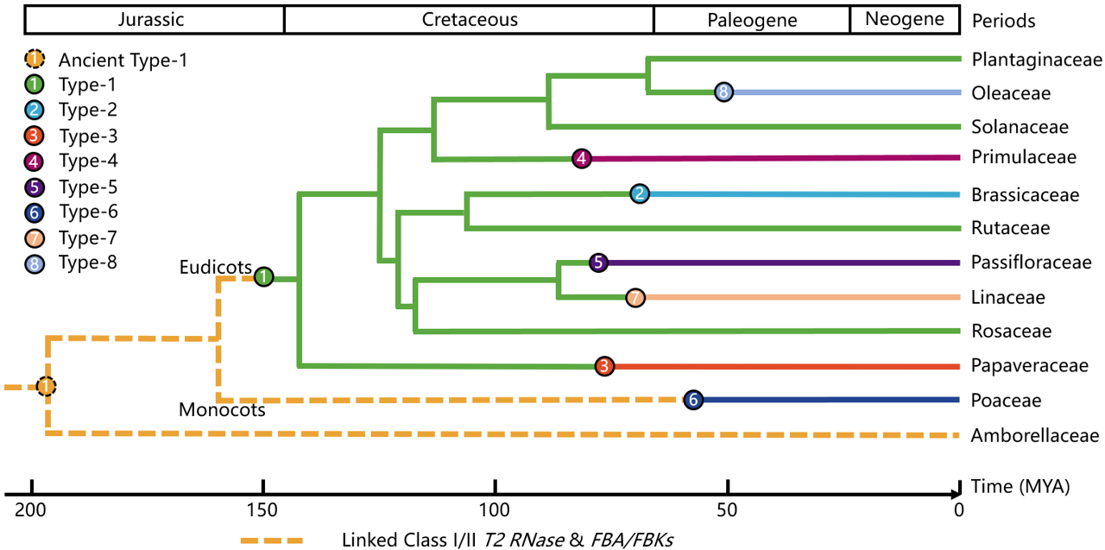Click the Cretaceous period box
coord(469,19)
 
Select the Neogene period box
coord(905,19)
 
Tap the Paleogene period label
coord(751,19)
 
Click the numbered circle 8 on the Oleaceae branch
coord(723,92)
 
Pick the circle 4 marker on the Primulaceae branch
coord(582,158)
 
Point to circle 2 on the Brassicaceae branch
coord(639,193)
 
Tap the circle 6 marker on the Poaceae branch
coord(692,399)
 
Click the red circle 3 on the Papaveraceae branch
coord(605,366)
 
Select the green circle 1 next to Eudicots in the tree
coord(264,277)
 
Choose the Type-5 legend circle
coord(33,186)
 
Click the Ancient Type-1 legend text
coord(123,60)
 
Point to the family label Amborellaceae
coord(1035,435)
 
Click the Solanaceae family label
coord(1020,127)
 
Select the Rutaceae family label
coord(1010,228)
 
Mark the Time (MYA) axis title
coord(1020,486)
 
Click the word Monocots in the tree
coord(221,410)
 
